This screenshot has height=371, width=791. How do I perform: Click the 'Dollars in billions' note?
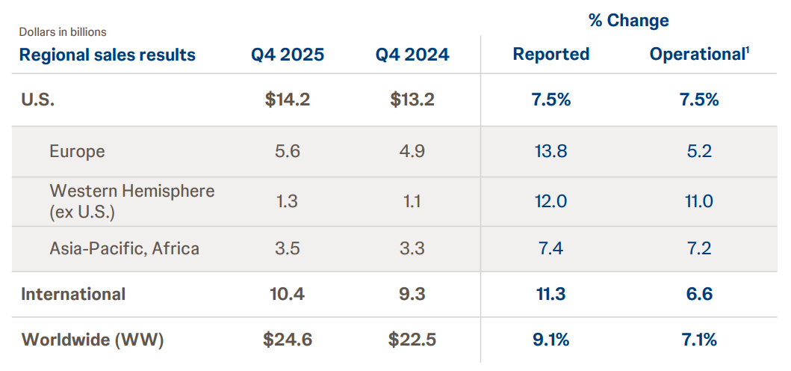point(63,32)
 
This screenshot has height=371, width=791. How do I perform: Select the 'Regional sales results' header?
point(107,55)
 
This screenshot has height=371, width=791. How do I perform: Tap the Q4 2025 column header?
point(287,55)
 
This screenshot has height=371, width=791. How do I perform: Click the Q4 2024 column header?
point(412,55)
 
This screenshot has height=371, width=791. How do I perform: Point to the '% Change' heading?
point(628,20)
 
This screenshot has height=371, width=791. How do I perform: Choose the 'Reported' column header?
point(551,55)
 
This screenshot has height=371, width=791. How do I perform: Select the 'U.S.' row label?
point(38,99)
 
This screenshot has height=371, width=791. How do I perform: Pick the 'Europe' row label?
point(77,151)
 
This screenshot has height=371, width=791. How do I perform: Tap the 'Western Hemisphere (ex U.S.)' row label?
point(131,201)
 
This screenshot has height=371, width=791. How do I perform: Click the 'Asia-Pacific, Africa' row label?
point(124,248)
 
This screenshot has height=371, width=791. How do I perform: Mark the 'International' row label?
point(73,294)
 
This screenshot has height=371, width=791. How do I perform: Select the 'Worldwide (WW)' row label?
point(93,340)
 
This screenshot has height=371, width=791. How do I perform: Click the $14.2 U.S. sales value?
point(287,99)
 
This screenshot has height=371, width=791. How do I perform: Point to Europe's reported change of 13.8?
point(551,151)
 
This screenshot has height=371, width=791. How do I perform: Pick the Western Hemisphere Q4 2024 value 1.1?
point(412,201)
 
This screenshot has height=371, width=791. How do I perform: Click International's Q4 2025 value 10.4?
point(287,294)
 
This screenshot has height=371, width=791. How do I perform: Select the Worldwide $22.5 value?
point(412,340)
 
